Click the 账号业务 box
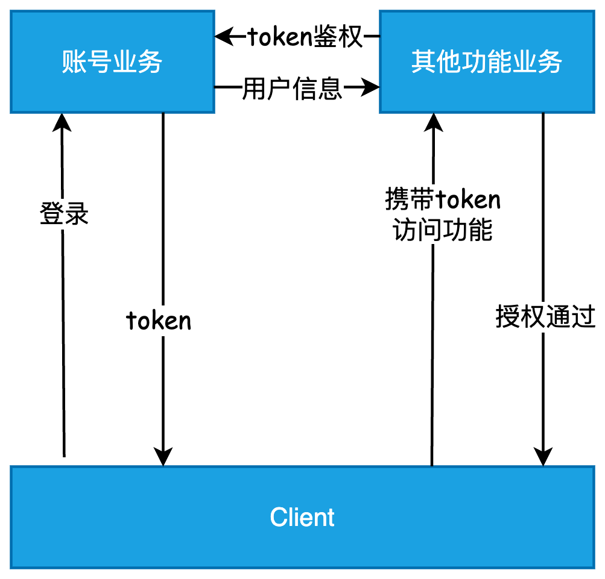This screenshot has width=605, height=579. [x=112, y=61]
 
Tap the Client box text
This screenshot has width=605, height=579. [x=302, y=518]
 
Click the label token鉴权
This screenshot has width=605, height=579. [x=305, y=37]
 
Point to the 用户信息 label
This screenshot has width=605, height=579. [x=292, y=89]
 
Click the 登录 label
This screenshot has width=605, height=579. [x=64, y=214]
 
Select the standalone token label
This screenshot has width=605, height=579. [x=159, y=321]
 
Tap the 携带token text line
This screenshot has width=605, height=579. [x=443, y=199]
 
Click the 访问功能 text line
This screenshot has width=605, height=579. [x=443, y=230]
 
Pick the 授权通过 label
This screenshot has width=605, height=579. [x=545, y=316]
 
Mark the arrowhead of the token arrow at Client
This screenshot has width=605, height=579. [x=163, y=457]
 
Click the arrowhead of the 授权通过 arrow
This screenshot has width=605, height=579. [x=543, y=457]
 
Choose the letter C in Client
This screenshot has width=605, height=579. [x=278, y=518]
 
